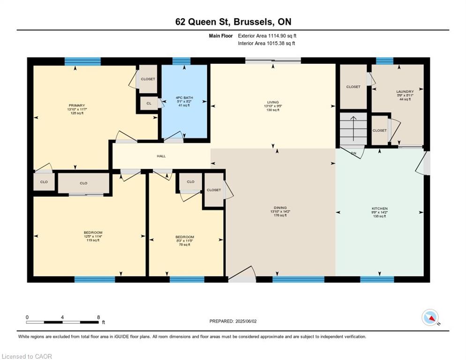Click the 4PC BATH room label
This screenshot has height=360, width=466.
[x=184, y=97]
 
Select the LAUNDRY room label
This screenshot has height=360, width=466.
[x=405, y=92]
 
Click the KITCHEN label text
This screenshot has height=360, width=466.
[x=380, y=209]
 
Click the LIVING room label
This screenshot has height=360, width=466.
[x=273, y=102]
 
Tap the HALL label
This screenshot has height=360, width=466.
[x=161, y=156]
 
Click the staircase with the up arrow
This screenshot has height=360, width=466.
[x=353, y=129]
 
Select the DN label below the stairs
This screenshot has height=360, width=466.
[x=354, y=152]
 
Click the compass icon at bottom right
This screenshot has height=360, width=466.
[x=430, y=317]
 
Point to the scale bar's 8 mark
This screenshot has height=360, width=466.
[x=98, y=317]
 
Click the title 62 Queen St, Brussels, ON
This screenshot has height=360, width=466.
[x=233, y=22]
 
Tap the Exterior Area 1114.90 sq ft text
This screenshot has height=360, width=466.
[x=267, y=36]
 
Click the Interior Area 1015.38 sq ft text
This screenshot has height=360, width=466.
[x=266, y=44]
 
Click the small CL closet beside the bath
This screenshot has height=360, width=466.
[x=149, y=104]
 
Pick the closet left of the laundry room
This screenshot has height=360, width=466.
[x=353, y=87]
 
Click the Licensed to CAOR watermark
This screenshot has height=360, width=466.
[x=27, y=356]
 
